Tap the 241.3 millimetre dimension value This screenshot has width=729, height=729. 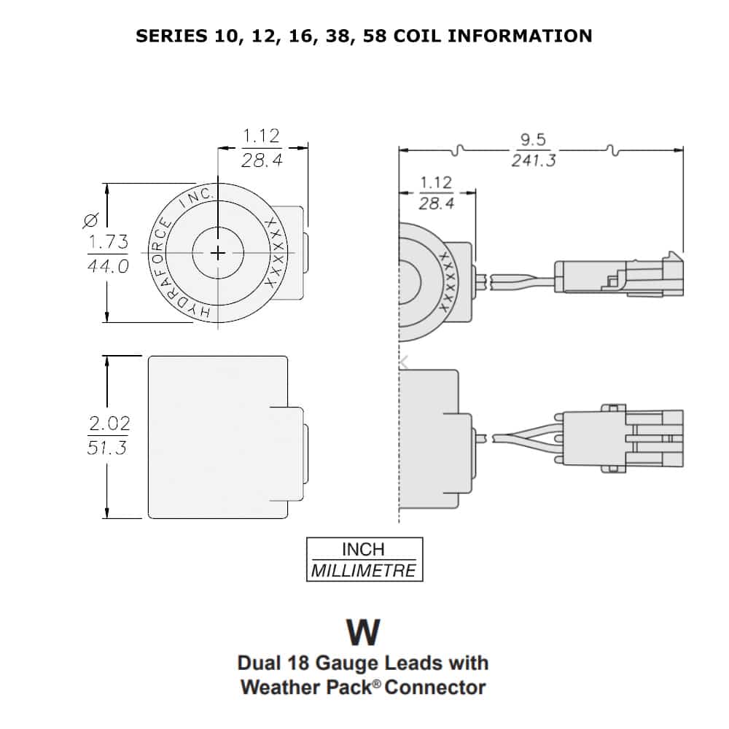click(533, 160)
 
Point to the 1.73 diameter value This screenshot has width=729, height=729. click(108, 242)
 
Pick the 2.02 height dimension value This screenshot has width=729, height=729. click(108, 423)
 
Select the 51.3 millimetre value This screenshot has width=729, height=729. click(108, 447)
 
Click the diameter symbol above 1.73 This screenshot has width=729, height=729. click(92, 219)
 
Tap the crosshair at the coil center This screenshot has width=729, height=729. click(218, 252)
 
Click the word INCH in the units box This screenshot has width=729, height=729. click(364, 550)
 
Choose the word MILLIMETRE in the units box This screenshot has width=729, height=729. click(364, 570)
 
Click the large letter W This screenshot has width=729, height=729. click(363, 632)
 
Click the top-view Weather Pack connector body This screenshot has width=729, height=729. click(620, 276)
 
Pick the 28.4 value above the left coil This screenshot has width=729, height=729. click(262, 160)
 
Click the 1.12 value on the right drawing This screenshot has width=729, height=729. click(437, 182)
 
